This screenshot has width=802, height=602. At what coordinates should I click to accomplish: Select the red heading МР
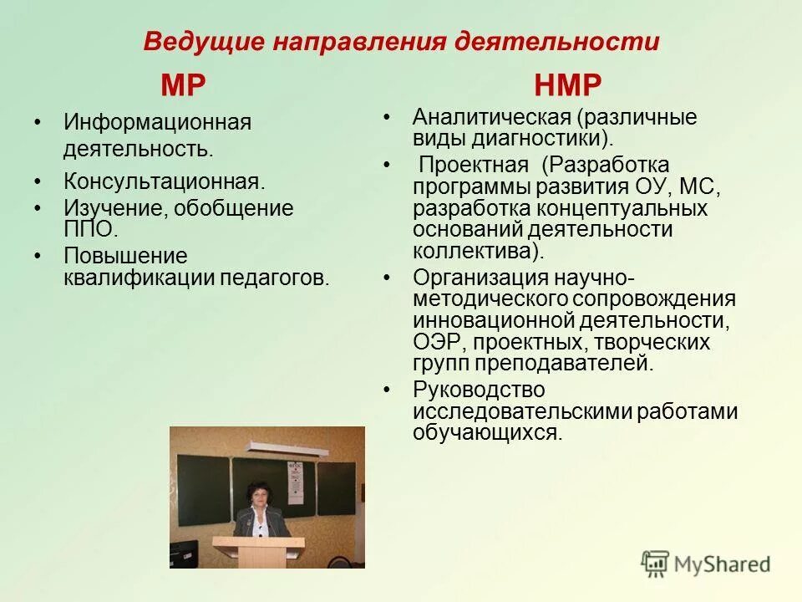pos(183,86)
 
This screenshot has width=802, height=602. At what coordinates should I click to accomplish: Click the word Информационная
pos(157,122)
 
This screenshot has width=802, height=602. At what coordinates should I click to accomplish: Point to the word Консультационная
pos(165,181)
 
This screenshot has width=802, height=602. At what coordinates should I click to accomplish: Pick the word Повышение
pos(125,257)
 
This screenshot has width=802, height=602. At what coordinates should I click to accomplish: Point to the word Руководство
pos(479,390)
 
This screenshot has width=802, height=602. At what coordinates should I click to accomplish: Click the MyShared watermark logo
pos(705,564)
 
